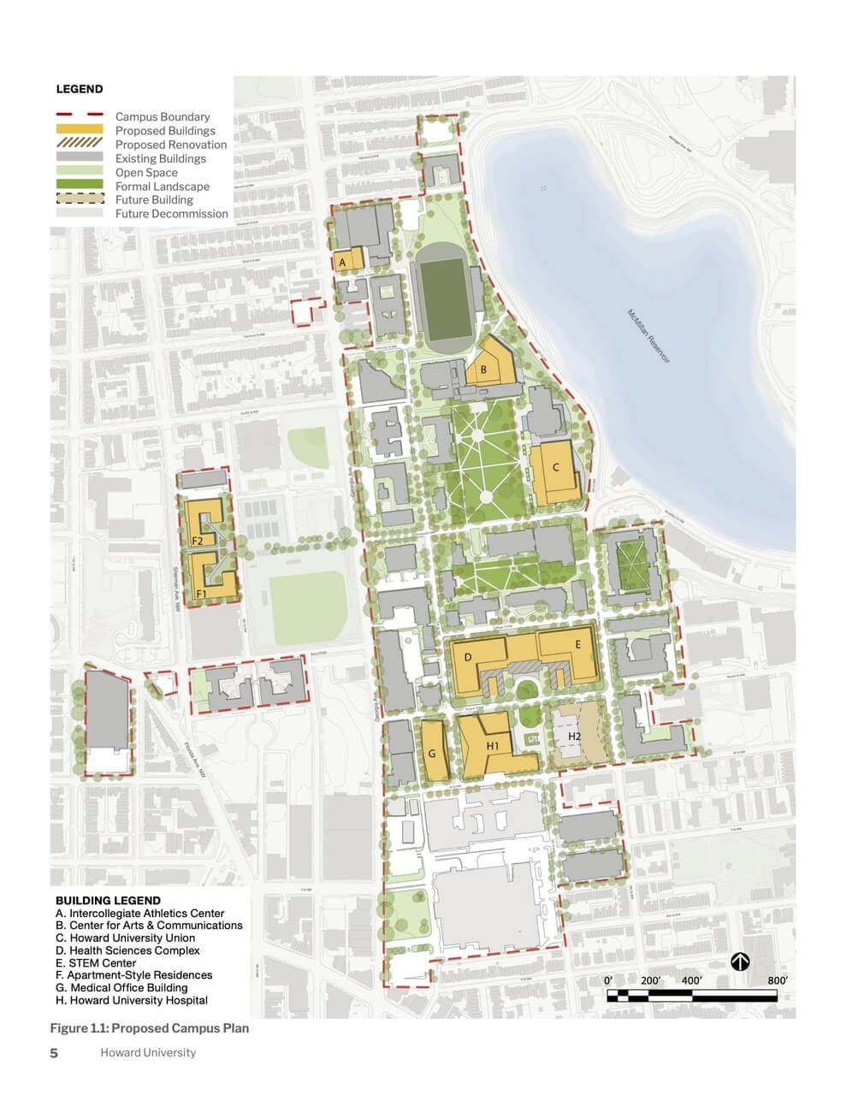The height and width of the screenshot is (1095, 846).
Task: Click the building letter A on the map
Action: (343, 262)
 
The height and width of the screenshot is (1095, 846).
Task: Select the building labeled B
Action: (484, 370)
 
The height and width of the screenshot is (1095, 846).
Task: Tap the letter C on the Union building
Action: (556, 467)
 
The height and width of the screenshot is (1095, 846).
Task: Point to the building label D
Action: (468, 657)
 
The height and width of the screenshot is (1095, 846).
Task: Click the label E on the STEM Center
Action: (578, 644)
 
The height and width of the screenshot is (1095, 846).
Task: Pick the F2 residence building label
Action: (197, 542)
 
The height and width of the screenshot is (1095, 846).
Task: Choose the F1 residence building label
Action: (203, 593)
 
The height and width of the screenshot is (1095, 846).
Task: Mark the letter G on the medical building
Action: (432, 754)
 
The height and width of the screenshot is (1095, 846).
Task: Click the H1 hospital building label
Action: (492, 746)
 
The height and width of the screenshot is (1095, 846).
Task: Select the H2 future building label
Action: (575, 736)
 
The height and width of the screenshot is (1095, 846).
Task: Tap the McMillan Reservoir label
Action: (649, 337)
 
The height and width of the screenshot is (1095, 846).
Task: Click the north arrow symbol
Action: (740, 962)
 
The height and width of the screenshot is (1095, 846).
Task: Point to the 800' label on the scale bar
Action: (777, 980)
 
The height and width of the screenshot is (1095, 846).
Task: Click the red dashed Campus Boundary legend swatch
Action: (80, 115)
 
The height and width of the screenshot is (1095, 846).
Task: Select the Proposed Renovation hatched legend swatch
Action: (80, 144)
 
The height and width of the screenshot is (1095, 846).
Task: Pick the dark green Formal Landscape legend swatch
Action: (80, 186)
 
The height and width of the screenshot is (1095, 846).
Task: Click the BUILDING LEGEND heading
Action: (108, 900)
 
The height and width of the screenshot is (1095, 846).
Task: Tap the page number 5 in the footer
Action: (54, 1053)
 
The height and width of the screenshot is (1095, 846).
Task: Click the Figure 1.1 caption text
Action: (150, 1027)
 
